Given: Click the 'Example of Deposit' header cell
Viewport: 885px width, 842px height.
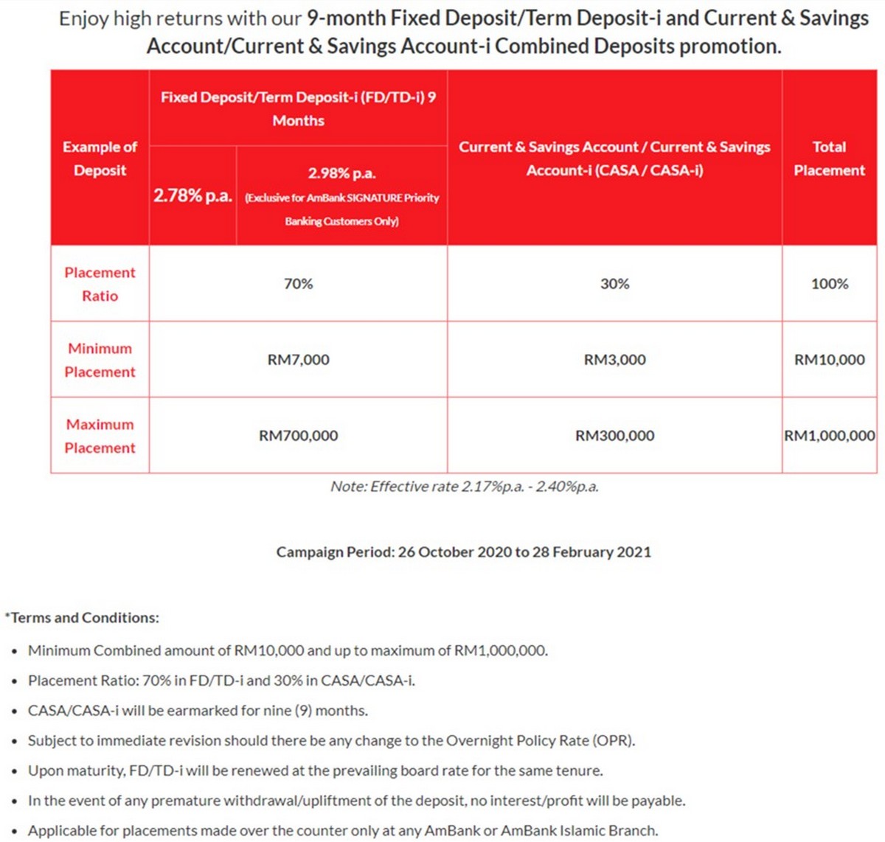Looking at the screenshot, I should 100,159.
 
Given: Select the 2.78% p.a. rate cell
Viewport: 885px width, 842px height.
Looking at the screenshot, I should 192,195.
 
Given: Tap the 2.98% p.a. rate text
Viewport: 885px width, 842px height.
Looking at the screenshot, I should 341,174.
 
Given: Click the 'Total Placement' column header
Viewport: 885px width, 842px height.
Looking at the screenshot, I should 829,159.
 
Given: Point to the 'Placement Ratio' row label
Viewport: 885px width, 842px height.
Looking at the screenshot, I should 100,284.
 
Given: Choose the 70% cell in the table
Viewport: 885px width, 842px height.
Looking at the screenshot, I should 298,284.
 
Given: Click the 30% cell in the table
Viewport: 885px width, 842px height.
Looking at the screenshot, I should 614,284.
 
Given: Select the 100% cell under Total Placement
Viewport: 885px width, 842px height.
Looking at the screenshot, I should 829,284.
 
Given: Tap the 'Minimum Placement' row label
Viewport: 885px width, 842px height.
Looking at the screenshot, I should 100,360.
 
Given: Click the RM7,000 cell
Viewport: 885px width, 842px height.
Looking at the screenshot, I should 298,360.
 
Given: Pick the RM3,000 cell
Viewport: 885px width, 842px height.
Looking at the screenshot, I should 614,360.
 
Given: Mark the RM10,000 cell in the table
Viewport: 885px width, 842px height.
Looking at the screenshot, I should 829,360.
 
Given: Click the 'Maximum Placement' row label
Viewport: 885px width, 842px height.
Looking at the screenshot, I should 100,436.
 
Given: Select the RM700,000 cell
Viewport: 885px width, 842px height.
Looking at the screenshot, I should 298,436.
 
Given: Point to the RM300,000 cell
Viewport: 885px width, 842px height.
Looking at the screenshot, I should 614,436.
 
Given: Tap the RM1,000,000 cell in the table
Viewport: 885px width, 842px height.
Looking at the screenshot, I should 829,436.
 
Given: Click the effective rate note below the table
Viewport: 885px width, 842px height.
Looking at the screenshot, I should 464,487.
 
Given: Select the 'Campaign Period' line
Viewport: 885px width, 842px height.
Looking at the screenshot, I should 464,552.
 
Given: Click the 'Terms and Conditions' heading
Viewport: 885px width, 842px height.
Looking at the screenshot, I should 83,618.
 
